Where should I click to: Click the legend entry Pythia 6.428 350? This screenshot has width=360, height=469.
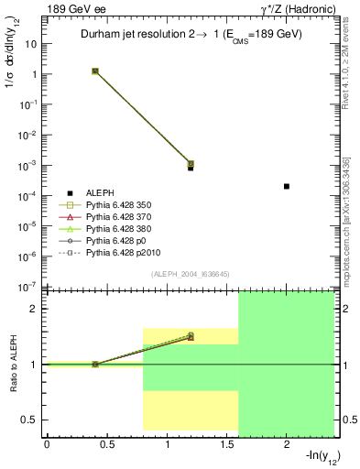click(x=120, y=204)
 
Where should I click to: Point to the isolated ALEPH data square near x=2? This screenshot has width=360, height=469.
click(x=287, y=186)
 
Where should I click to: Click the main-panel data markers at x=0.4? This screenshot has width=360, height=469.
click(x=95, y=71)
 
